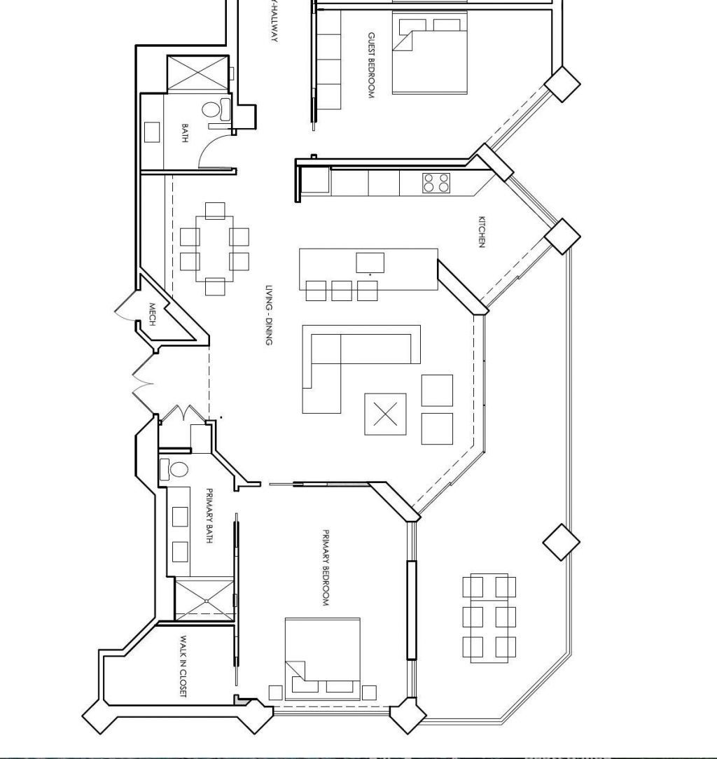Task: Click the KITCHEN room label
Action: click(x=482, y=231)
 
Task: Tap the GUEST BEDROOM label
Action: click(x=371, y=65)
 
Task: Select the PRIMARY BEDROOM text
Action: click(x=326, y=568)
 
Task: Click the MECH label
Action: click(x=152, y=314)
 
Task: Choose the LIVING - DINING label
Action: click(x=268, y=314)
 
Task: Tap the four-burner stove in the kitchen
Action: click(x=436, y=183)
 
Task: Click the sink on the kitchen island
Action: click(x=370, y=263)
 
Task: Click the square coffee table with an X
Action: click(x=385, y=414)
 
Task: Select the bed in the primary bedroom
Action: click(x=322, y=658)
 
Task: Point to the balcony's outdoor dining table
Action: click(x=489, y=618)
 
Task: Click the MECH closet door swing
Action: click(x=126, y=308)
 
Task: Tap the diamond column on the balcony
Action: click(x=562, y=542)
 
